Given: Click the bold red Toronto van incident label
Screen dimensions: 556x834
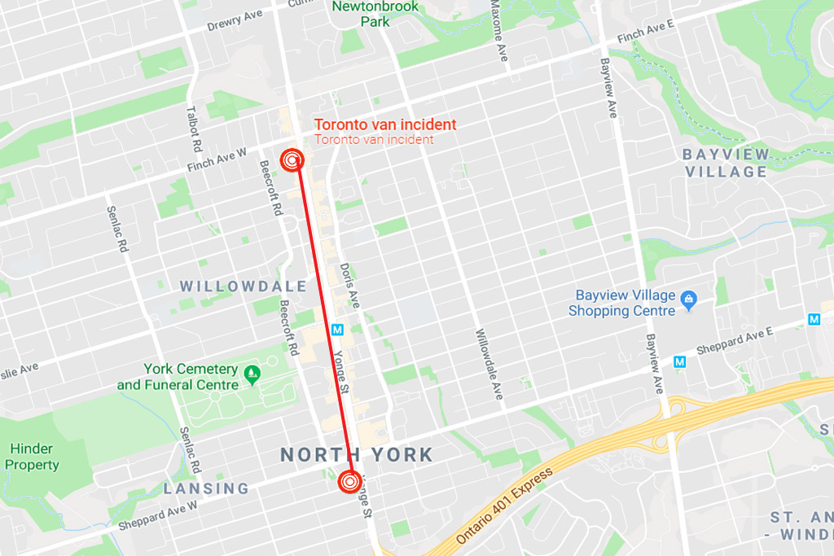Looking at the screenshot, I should (385, 125).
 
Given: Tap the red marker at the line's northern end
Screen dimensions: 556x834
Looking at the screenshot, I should (292, 160).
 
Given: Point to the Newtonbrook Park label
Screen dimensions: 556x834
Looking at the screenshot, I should (375, 14).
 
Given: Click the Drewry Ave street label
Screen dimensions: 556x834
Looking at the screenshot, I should (235, 20).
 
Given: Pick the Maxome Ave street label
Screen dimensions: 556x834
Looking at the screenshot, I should (498, 31).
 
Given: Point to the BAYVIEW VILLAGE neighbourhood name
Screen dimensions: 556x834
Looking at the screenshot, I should (726, 163).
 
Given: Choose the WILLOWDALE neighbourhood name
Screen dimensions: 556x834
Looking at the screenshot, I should (244, 287).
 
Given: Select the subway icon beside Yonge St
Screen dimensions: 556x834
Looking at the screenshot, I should (338, 330).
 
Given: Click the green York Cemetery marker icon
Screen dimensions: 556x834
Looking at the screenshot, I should (252, 374).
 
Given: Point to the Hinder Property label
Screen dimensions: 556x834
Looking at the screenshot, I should (32, 457).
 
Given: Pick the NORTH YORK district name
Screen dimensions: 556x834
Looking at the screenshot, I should (357, 454).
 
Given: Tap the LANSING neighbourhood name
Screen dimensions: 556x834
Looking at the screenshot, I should (206, 488).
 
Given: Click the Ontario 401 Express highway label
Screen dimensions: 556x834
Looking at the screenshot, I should (505, 506).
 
